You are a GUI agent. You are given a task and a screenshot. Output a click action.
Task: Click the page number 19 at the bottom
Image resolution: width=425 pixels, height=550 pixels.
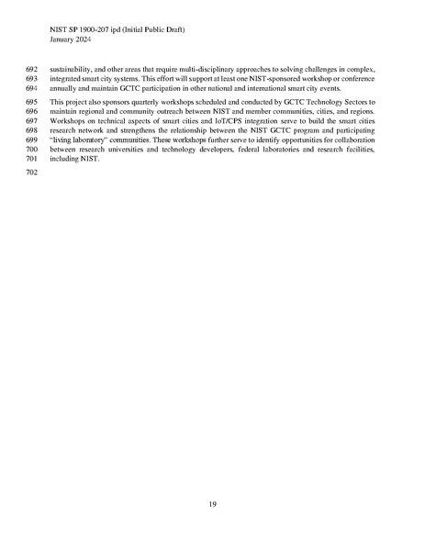click(x=212, y=504)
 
